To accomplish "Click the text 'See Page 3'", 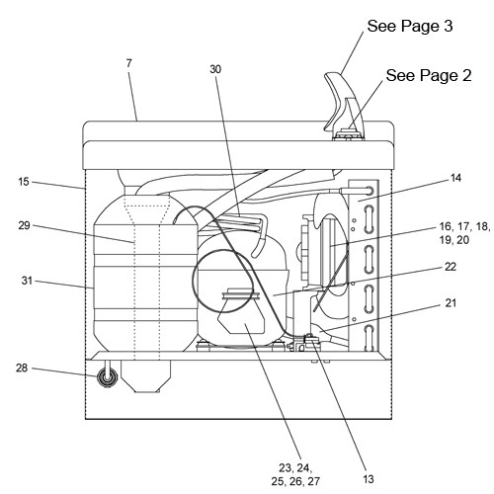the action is (410, 26).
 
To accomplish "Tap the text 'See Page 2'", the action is (429, 75).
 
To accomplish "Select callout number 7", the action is (128, 63).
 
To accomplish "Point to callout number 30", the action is (215, 69).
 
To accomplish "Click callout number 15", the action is (24, 182).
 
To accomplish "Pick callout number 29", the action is (24, 226).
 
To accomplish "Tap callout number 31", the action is (27, 281).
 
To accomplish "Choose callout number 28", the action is (22, 368).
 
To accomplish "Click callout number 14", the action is (455, 178).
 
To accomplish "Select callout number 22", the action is (451, 267).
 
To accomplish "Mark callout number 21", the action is (451, 302).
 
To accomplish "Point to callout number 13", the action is (369, 479).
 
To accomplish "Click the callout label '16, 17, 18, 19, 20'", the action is (464, 233).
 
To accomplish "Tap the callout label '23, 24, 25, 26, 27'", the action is (295, 474).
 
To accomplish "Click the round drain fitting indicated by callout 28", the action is (108, 377).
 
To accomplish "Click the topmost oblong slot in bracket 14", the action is (369, 219).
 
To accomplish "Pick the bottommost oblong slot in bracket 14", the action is (369, 338).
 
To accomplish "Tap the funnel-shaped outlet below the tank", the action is (145, 376).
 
